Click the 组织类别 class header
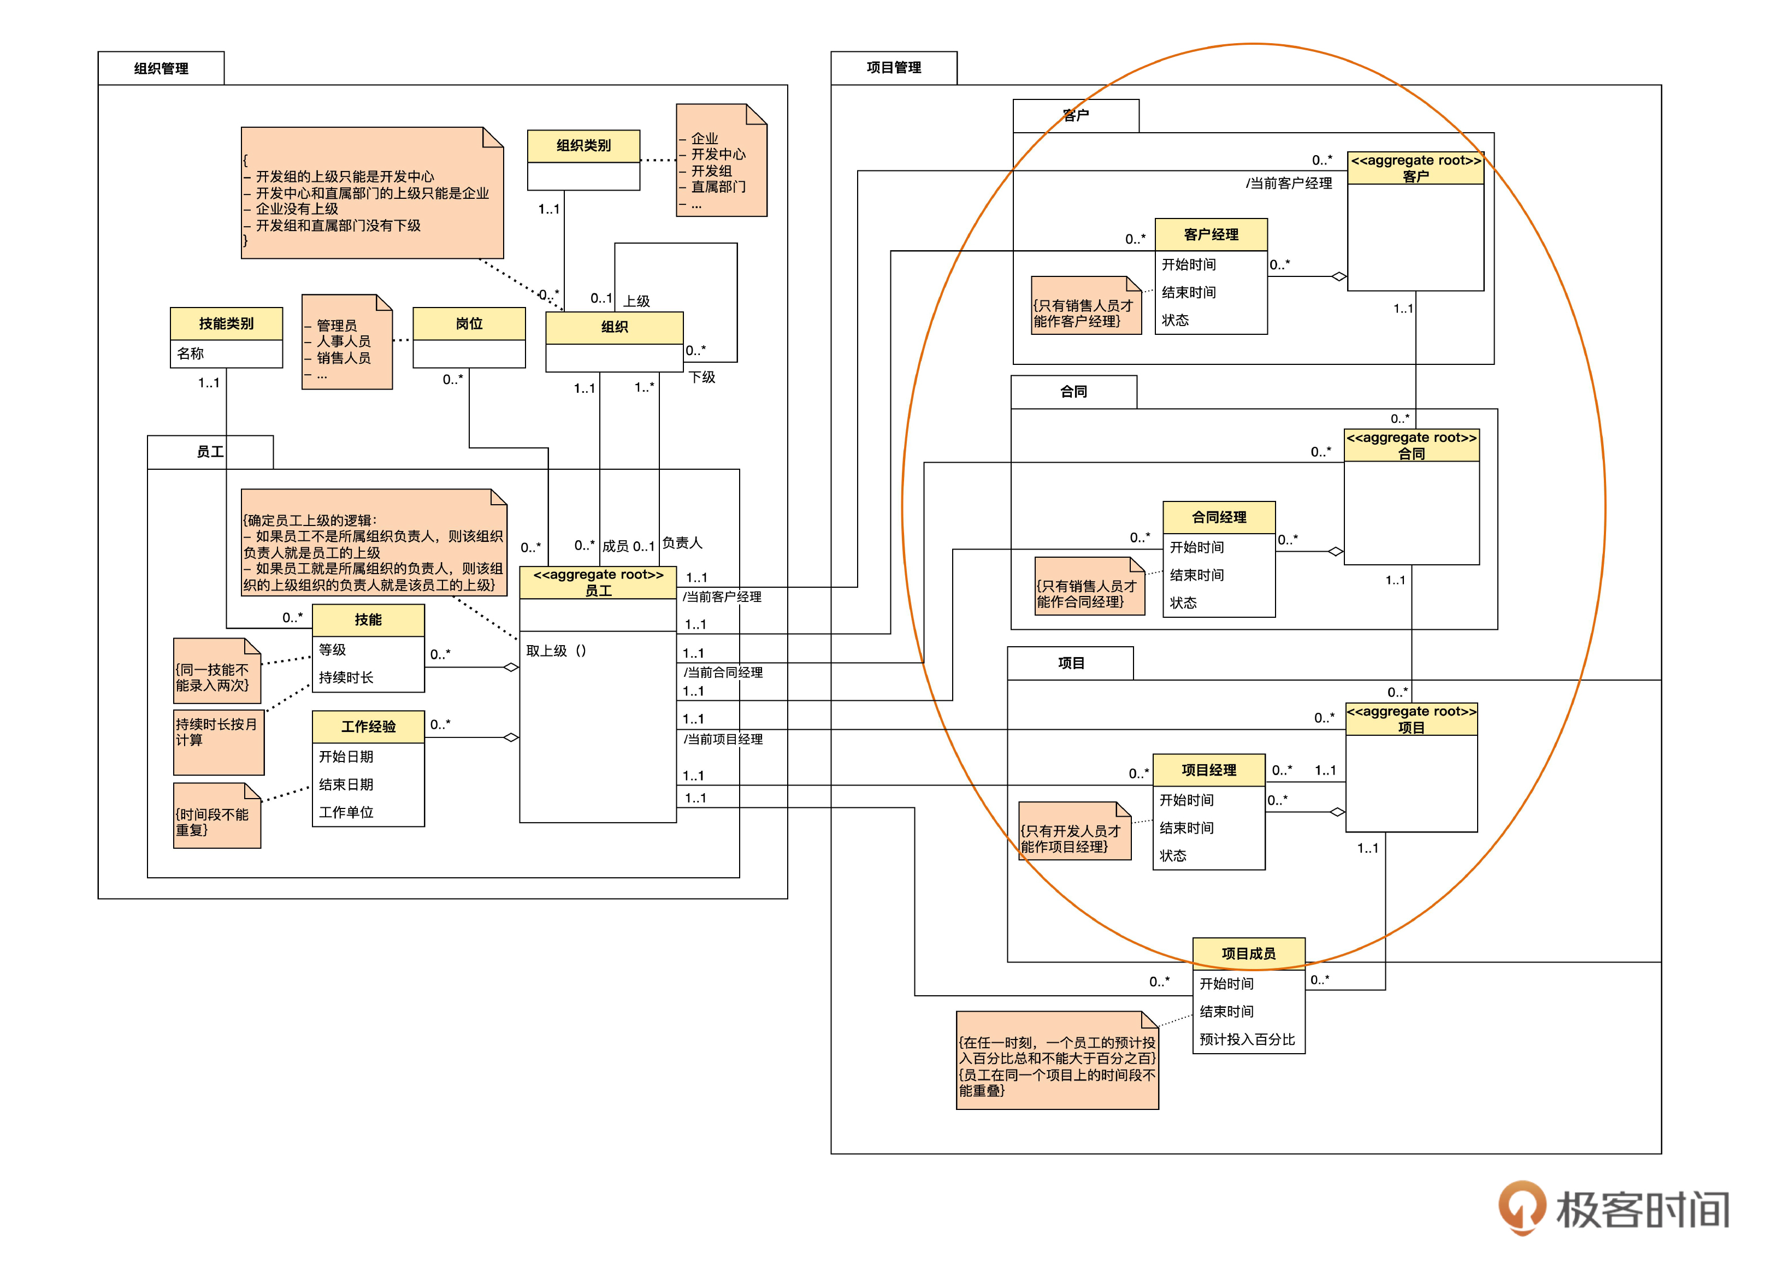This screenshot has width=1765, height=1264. click(x=583, y=145)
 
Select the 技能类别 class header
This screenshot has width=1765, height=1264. click(x=226, y=323)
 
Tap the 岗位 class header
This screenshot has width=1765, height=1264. click(x=469, y=323)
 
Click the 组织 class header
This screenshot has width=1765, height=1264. click(x=614, y=327)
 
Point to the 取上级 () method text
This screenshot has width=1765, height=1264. click(x=557, y=651)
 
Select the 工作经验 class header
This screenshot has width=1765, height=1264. click(x=368, y=726)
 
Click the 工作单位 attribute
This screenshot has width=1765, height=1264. click(x=346, y=812)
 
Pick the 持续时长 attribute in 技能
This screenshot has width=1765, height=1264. click(x=346, y=677)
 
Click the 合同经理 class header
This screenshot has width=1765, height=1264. click(x=1219, y=517)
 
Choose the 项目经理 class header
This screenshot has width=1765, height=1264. click(x=1208, y=770)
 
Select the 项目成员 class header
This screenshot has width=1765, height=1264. click(x=1248, y=953)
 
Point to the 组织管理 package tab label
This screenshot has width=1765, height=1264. click(x=161, y=68)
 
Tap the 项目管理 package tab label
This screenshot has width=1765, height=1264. click(x=893, y=68)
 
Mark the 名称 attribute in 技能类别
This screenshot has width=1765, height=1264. click(x=191, y=353)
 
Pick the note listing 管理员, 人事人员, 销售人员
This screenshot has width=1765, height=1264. click(x=346, y=342)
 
